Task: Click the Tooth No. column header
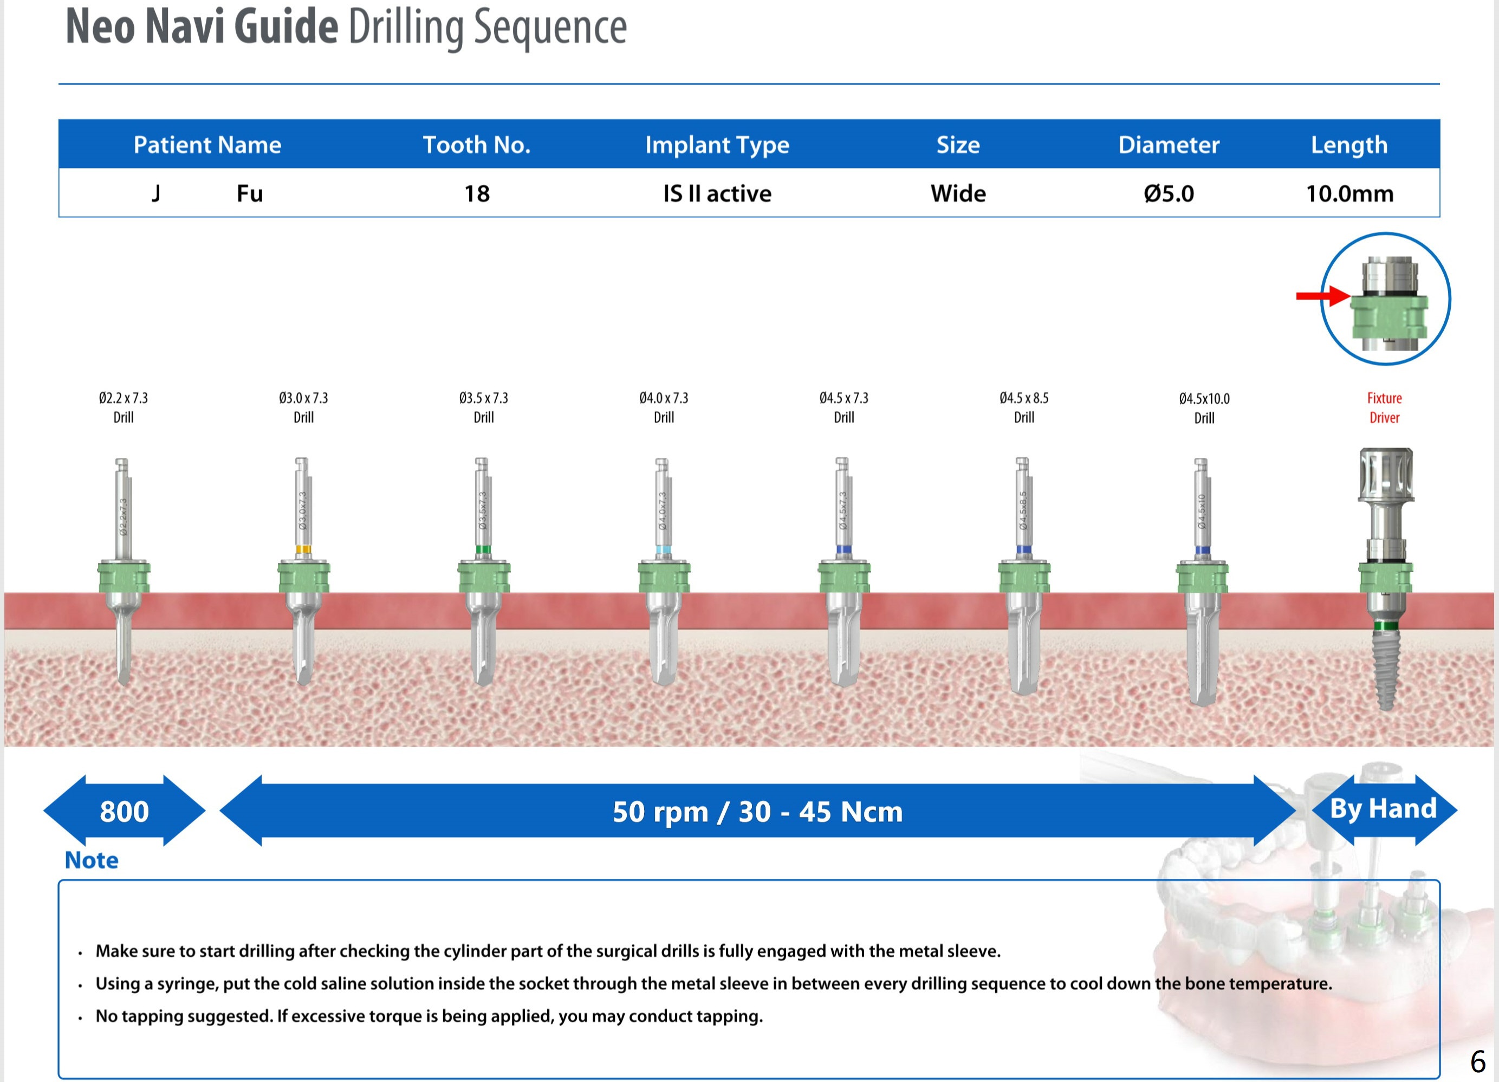click(x=477, y=145)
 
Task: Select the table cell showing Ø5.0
click(x=1169, y=193)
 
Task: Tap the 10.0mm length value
click(x=1349, y=193)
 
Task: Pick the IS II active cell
click(x=717, y=193)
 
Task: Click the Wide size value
click(x=958, y=193)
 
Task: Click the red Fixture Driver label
click(x=1384, y=408)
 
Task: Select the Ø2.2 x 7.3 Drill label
click(x=124, y=407)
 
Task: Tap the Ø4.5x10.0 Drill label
click(x=1204, y=408)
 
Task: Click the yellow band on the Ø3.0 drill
click(x=303, y=549)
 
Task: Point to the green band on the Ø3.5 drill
click(x=483, y=549)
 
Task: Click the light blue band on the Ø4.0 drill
click(x=664, y=549)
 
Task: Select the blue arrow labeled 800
click(x=124, y=811)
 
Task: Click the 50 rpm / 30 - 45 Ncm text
click(x=757, y=812)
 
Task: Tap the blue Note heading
click(x=92, y=860)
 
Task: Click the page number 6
click(x=1478, y=1061)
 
